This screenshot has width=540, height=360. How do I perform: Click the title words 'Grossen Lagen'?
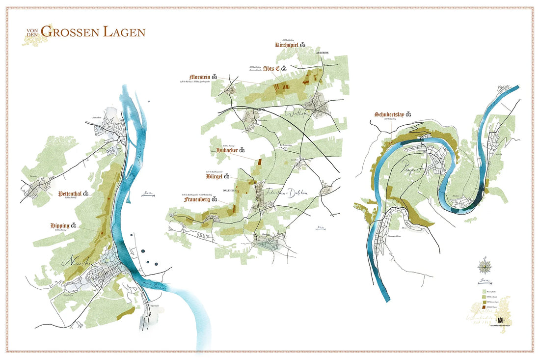[x=93, y=32]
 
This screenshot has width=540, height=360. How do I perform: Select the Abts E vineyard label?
[x=271, y=68]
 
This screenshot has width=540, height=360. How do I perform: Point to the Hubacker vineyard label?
[x=227, y=150]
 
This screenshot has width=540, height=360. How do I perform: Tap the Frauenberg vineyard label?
[x=201, y=200]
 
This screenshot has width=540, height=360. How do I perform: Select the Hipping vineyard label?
[x=60, y=225]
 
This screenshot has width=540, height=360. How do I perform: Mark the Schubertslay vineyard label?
[x=390, y=114]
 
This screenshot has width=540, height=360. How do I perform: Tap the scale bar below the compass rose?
[x=485, y=282]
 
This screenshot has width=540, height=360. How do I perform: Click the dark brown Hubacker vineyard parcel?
[x=260, y=160]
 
